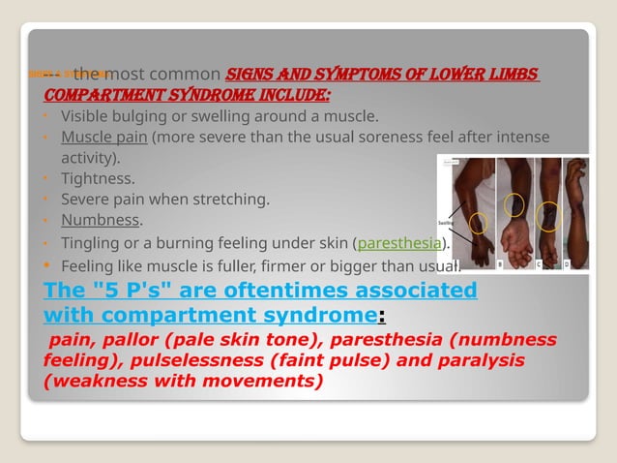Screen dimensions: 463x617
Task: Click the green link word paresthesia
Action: [x=399, y=243]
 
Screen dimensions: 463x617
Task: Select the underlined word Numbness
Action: [x=100, y=221]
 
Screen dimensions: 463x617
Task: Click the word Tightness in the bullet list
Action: [x=98, y=179]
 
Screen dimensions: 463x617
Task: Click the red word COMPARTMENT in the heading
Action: [x=92, y=96]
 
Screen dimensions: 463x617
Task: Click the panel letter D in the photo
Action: [x=566, y=262]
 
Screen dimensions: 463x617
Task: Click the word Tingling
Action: [x=89, y=243]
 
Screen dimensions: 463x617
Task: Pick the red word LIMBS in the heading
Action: [x=512, y=77]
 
